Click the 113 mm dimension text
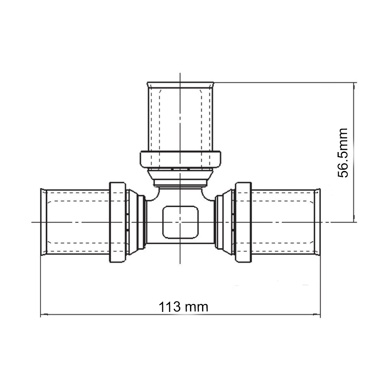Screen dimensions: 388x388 [184, 307]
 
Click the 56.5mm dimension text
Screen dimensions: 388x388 [343, 153]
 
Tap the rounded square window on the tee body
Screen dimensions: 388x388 [180, 222]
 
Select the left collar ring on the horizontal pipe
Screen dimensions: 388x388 [118, 222]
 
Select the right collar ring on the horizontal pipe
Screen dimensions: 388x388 [243, 222]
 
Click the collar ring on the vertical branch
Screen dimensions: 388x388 [180, 159]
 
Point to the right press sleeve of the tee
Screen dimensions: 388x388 [286, 222]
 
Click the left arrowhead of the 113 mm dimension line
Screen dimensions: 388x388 [44, 315]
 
